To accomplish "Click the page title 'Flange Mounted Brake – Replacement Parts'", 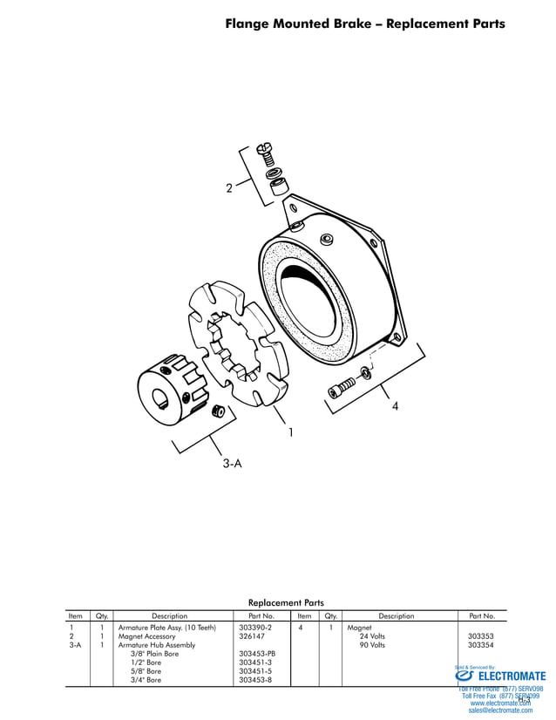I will [x=364, y=24].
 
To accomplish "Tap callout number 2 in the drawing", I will [x=229, y=187].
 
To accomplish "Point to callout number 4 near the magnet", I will [x=395, y=406].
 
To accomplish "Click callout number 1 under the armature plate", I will [x=289, y=431].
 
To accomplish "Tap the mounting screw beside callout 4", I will [x=343, y=384].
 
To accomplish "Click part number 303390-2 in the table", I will [x=254, y=628].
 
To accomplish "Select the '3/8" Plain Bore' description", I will [x=154, y=654].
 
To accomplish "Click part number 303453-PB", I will [x=256, y=654].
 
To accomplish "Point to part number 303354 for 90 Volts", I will [x=480, y=645].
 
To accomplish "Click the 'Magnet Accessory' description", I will [x=146, y=636].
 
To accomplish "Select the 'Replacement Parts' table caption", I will [x=286, y=602].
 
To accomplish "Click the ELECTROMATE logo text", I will [x=512, y=676].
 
